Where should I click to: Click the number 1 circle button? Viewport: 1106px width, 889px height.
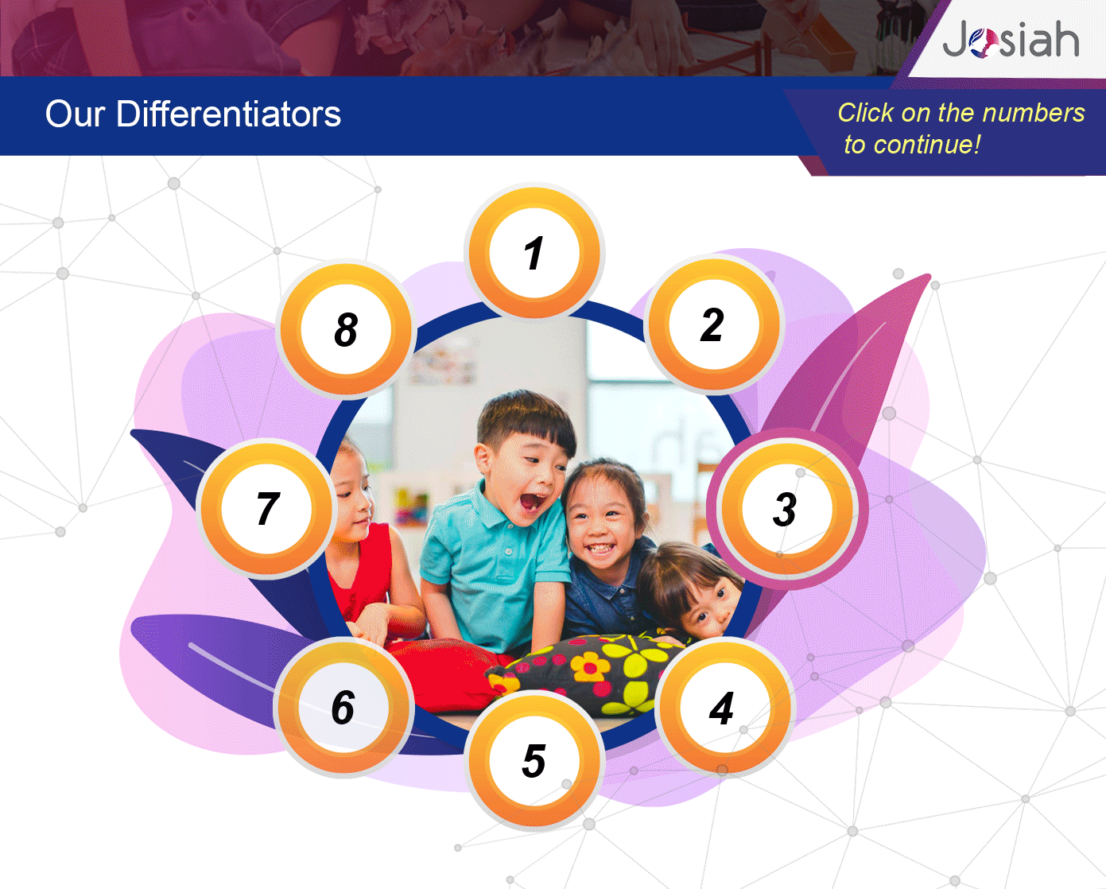pos(534,252)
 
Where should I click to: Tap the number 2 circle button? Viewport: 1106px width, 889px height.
pos(714,324)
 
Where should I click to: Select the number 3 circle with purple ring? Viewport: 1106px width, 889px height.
pos(787,509)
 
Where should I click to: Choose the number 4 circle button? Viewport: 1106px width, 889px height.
pos(724,708)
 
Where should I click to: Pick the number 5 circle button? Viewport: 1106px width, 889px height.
pos(534,761)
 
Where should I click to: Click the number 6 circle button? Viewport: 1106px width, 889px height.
pos(343,708)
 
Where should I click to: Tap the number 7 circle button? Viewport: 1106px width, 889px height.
pos(266,509)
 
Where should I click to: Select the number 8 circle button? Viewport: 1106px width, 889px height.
pos(346,329)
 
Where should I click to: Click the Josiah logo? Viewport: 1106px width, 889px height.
pos(1011,38)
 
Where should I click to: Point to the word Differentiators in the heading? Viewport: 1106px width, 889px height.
pos(228,114)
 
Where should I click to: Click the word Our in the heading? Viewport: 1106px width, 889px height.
pos(75,115)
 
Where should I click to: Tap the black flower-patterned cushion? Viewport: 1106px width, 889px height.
pos(591,674)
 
